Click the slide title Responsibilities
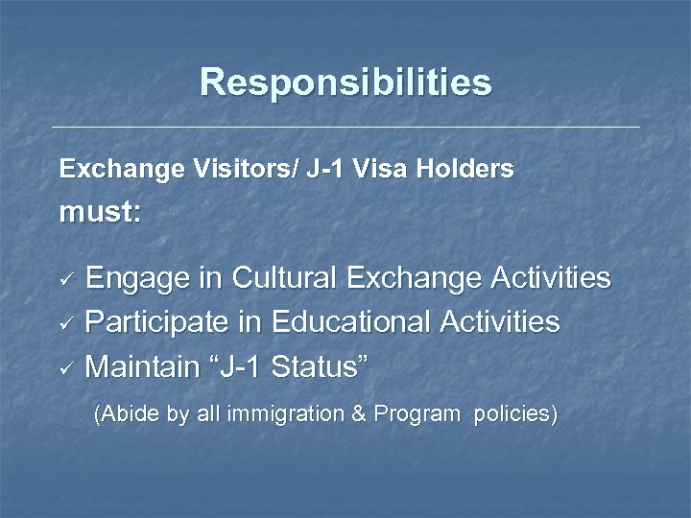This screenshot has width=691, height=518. pos(345,82)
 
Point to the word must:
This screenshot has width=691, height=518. pos(100,213)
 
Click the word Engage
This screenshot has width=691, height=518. pos(144,279)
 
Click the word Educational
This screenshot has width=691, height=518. pos(350,322)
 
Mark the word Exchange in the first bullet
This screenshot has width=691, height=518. pos(414,278)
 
